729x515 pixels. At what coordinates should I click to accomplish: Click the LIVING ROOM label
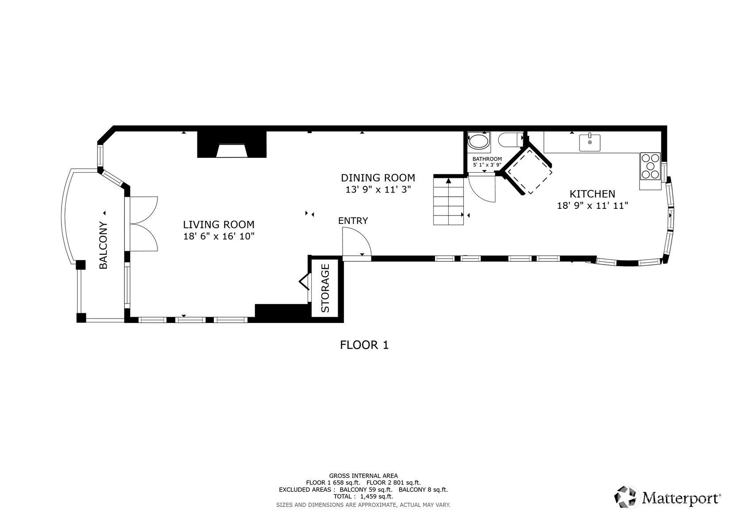pyautogui.click(x=219, y=224)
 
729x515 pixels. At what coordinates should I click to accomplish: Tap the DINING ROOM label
pyautogui.click(x=378, y=177)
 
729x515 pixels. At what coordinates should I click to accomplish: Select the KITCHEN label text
pyautogui.click(x=592, y=194)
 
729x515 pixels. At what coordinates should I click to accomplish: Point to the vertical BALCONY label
pyautogui.click(x=103, y=245)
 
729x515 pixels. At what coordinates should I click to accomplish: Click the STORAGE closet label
pyautogui.click(x=325, y=288)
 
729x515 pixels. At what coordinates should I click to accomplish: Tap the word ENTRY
pyautogui.click(x=353, y=221)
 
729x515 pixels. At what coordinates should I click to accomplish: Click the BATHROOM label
pyautogui.click(x=487, y=159)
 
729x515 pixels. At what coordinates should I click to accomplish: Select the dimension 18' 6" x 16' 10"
pyautogui.click(x=219, y=236)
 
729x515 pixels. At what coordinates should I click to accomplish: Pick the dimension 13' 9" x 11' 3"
pyautogui.click(x=378, y=189)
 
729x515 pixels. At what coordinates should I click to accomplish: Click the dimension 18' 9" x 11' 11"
pyautogui.click(x=592, y=206)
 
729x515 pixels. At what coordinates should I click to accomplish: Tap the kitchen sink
pyautogui.click(x=590, y=143)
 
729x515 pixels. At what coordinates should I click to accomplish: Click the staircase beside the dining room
pyautogui.click(x=448, y=201)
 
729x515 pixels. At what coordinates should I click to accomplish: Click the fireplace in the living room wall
pyautogui.click(x=232, y=144)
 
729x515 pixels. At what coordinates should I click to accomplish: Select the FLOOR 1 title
pyautogui.click(x=364, y=345)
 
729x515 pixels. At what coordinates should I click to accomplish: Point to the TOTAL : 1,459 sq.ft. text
pyautogui.click(x=363, y=496)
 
